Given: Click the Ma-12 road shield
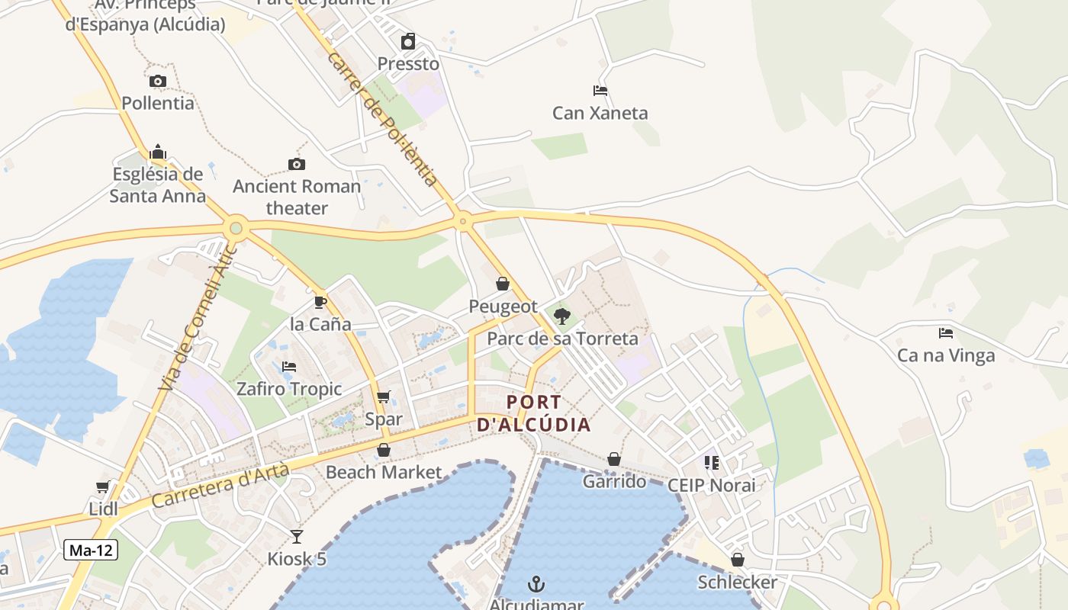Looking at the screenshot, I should tap(91, 550).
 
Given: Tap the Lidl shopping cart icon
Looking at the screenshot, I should tap(103, 486).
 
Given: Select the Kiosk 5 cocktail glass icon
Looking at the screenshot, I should tap(296, 536).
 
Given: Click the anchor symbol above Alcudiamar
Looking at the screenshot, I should tap(536, 584).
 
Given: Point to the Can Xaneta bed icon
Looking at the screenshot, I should tap(600, 91).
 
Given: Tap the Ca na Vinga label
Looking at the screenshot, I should tap(946, 355).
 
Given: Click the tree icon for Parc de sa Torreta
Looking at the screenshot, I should tap(562, 316).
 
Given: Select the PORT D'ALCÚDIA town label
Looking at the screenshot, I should tap(534, 413).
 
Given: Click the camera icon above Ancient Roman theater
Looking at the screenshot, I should tap(296, 164).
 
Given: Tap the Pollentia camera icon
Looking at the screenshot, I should tap(158, 81).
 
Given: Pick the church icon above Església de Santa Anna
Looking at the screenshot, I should tap(158, 152).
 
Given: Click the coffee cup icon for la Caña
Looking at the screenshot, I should tap(320, 302).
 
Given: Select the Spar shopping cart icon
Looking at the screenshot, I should tap(383, 396).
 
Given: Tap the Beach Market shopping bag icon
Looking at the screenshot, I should tap(384, 451).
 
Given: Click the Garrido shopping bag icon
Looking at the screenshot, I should tap(613, 459).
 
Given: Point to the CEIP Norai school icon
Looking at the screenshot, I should tap(711, 463).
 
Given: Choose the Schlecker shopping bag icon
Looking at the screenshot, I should tap(737, 560).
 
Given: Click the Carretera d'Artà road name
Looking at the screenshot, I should tap(220, 488).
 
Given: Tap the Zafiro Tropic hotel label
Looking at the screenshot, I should tap(289, 389).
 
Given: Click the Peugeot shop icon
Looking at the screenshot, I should tap(503, 284).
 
